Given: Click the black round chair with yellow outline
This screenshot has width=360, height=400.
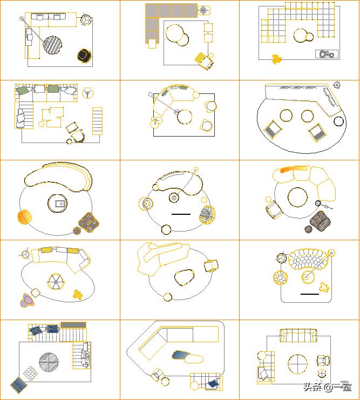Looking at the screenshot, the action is [x=84, y=56].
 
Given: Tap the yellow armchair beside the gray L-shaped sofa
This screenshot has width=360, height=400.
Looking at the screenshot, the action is [x=204, y=60].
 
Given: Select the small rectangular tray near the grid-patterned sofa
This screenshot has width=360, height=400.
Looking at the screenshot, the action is [x=327, y=54].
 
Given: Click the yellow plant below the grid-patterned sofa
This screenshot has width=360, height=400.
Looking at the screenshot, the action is [x=276, y=59].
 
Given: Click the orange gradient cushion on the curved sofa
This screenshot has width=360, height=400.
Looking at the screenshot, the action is [x=294, y=169].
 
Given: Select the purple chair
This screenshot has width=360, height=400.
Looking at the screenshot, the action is [x=28, y=300].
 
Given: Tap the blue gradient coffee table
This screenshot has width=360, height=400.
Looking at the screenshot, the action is [x=181, y=355].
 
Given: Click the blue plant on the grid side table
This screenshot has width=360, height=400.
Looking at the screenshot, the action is [x=213, y=383].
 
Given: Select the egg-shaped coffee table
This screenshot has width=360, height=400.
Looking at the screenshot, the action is [x=184, y=277].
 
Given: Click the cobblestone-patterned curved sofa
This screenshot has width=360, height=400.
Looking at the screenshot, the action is [x=308, y=259].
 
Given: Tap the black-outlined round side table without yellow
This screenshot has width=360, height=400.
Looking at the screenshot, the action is [x=338, y=121].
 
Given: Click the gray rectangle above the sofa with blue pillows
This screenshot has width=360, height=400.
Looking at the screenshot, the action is [x=73, y=325].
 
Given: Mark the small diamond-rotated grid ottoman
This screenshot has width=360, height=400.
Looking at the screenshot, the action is [x=31, y=374].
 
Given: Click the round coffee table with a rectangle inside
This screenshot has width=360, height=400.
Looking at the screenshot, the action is [x=57, y=204].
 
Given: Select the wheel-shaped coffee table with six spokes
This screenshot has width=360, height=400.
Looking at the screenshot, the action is [x=56, y=282].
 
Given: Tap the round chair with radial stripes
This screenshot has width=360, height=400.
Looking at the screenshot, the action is [x=207, y=215].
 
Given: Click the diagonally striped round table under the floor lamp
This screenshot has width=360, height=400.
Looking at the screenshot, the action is [x=52, y=45].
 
